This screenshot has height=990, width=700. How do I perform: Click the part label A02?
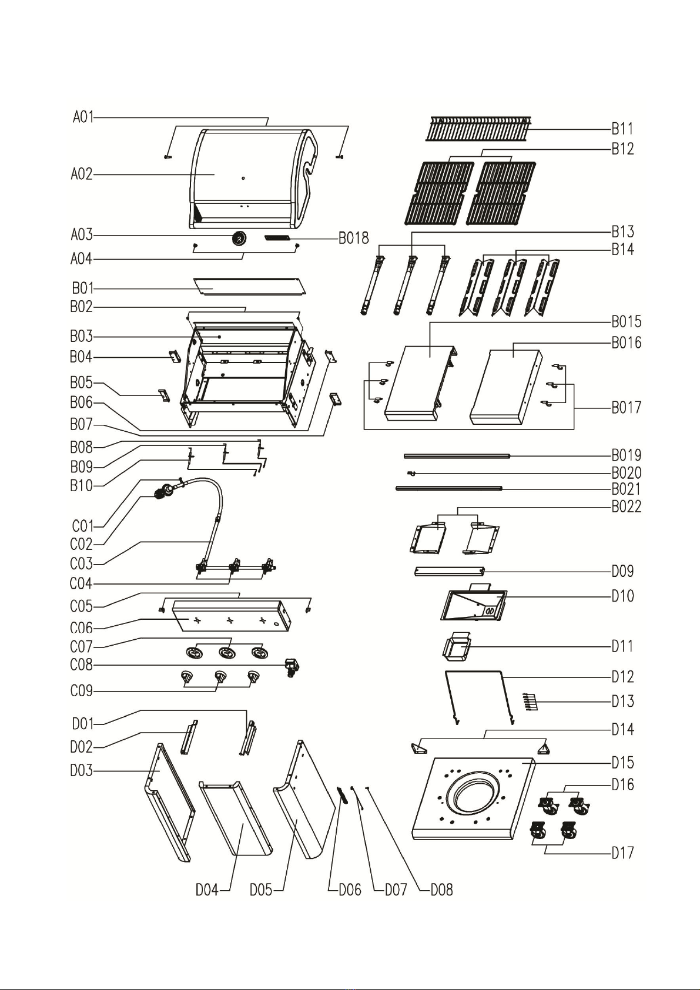pos(82,174)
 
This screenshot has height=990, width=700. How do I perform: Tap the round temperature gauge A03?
pos(239,239)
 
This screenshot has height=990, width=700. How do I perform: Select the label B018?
pos(354,238)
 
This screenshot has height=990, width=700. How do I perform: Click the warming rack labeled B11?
pos(478,129)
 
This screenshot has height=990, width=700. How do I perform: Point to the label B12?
pos(622,149)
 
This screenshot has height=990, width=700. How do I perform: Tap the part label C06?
pos(81,628)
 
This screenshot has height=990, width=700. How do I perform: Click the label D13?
pos(622,702)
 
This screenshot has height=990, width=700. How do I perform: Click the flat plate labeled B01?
pos(250,287)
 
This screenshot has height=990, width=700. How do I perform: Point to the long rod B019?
pos(457,456)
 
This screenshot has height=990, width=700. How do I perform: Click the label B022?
pos(626,506)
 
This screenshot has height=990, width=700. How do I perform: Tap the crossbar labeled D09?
pos(450,572)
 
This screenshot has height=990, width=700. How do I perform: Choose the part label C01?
pos(83,526)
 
